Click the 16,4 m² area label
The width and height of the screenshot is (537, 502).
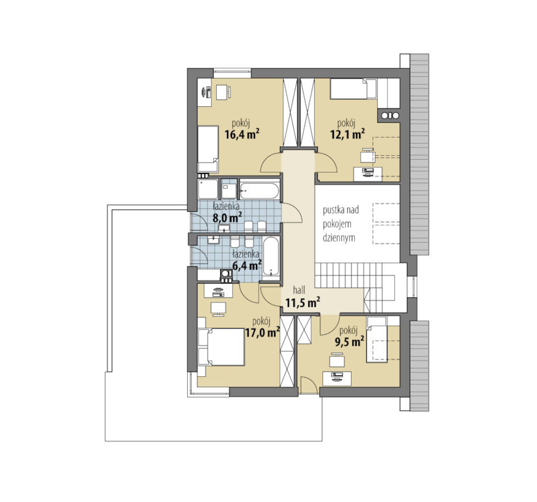pyautogui.click(x=241, y=134)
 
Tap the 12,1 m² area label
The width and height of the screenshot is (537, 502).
pyautogui.click(x=347, y=134)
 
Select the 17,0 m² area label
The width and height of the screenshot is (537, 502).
pyautogui.click(x=263, y=332)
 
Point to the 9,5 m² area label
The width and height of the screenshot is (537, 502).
pyautogui.click(x=349, y=342)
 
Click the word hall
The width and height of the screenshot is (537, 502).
pyautogui.click(x=299, y=290)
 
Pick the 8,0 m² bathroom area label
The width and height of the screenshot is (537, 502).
pyautogui.click(x=228, y=217)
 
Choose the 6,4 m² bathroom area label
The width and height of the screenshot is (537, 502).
pyautogui.click(x=247, y=265)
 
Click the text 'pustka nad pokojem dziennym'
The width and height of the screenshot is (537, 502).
pyautogui.click(x=341, y=224)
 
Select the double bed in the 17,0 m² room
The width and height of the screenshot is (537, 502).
pyautogui.click(x=221, y=347)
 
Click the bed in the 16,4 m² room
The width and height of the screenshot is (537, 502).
pyautogui.click(x=208, y=149)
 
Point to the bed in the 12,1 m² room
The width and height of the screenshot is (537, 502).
pyautogui.click(x=353, y=89)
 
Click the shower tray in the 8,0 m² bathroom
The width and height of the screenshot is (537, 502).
pyautogui.click(x=208, y=189)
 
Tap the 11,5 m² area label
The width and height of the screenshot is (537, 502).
pyautogui.click(x=303, y=302)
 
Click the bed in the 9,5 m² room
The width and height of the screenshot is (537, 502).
pyautogui.click(x=377, y=339)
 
